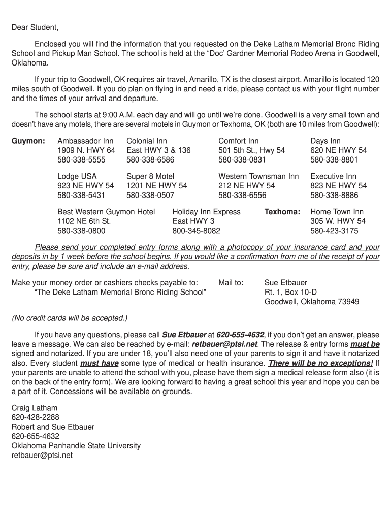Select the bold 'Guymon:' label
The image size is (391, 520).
28,141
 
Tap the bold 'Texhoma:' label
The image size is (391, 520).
282,211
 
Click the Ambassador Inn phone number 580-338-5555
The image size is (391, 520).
81,160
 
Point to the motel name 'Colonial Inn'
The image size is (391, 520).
146,141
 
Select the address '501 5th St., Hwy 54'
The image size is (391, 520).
251,150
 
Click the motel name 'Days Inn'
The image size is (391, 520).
325,141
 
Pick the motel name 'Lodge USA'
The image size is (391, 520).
77,176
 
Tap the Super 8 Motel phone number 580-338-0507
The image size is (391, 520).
150,195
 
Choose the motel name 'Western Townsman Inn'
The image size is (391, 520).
258,176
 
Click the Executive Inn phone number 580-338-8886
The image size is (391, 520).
334,195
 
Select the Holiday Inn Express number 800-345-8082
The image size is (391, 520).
197,231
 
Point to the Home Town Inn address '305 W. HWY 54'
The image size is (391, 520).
338,221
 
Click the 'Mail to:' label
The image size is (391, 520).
231,282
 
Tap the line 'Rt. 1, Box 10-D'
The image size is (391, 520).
290,292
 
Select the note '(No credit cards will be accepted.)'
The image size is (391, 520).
70,318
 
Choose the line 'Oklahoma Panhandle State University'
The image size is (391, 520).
76,446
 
